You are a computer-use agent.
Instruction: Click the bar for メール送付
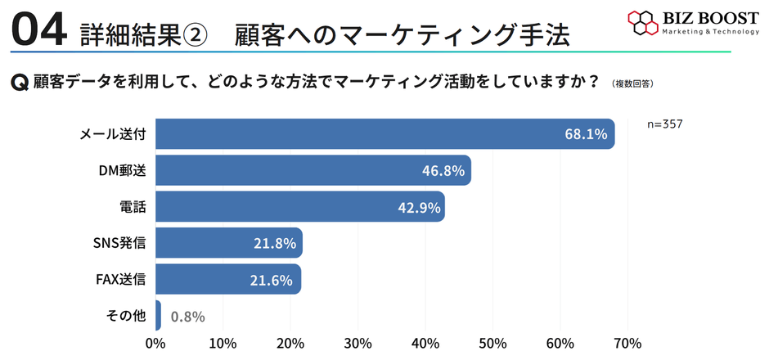coord(384,134)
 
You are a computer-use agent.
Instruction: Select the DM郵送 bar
coord(313,170)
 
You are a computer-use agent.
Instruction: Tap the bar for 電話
coord(299,206)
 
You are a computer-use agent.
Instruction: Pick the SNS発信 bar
coord(228,243)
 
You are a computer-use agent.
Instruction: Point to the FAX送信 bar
coord(227,279)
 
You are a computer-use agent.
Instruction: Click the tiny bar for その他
coord(158,316)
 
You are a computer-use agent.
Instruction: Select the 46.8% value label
coord(444,171)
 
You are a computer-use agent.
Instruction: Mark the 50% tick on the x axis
coord(493,343)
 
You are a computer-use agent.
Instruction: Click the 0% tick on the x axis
coord(155,343)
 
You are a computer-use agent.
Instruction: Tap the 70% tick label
coord(627,343)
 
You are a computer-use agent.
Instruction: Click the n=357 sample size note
coord(664,124)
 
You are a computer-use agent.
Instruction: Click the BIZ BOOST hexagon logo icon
coord(643,23)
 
